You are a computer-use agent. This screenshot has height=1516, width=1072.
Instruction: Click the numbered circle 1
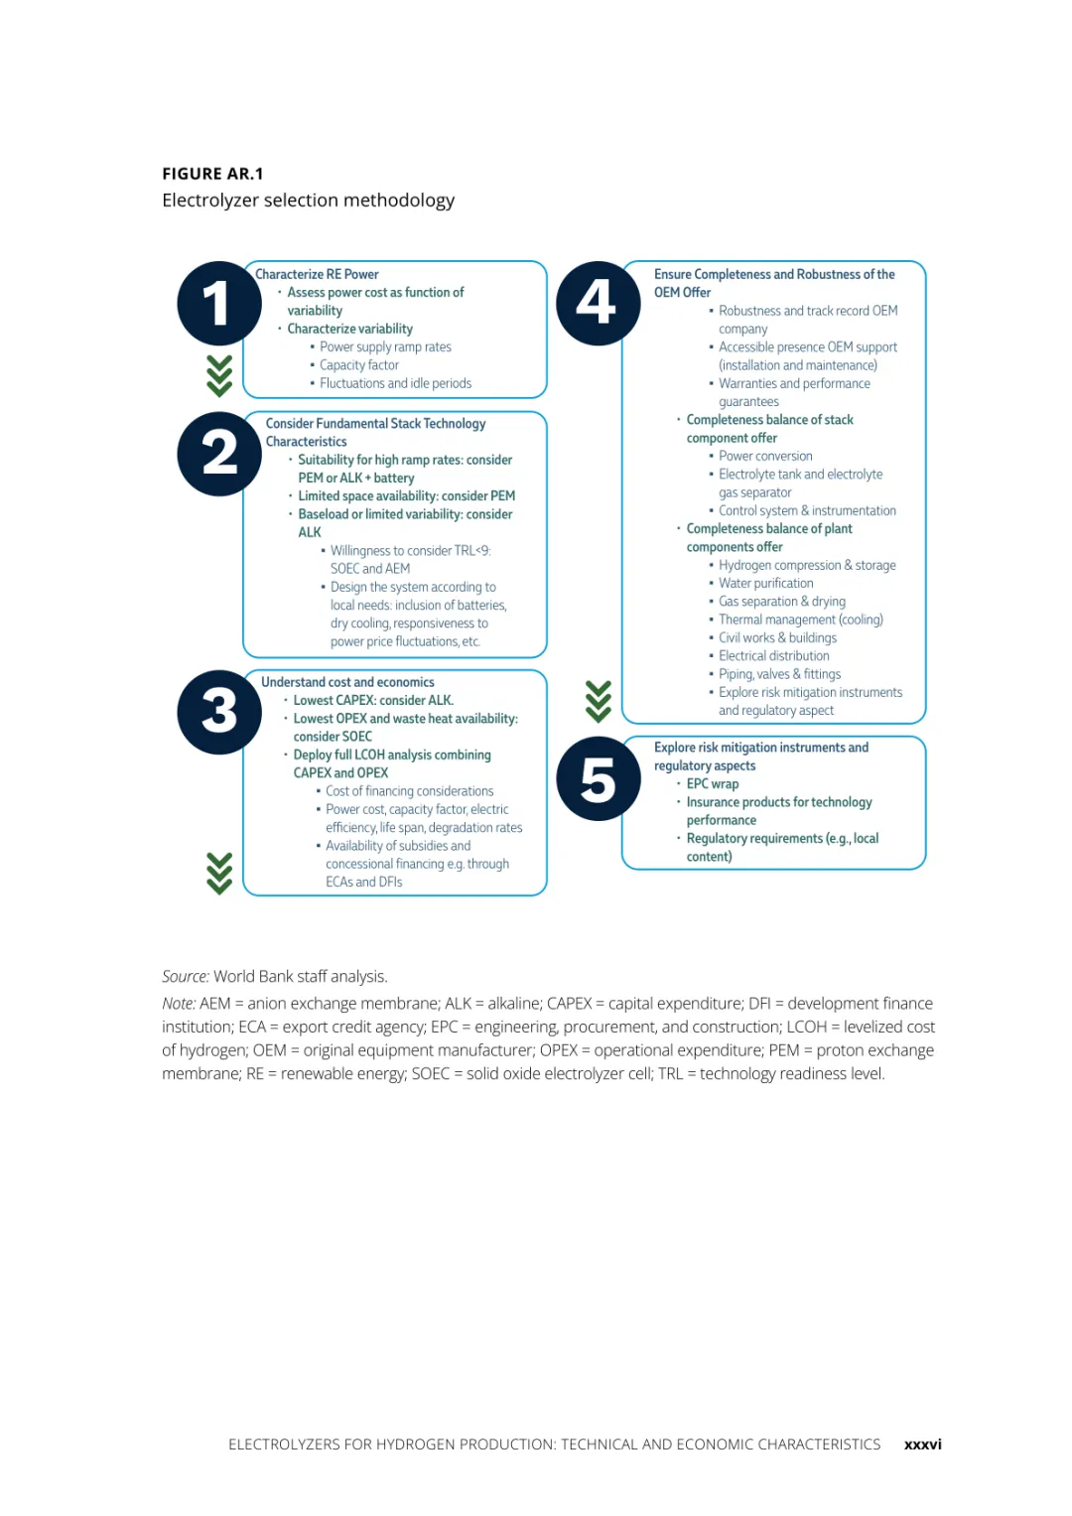(219, 304)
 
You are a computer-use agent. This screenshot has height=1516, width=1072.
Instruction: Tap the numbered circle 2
(219, 454)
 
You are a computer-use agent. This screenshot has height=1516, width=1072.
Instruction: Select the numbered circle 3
(219, 712)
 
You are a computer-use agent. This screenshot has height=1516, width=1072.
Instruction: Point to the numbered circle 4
(598, 304)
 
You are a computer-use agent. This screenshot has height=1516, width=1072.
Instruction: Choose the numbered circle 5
(598, 779)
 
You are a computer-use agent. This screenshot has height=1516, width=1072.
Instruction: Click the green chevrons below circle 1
(219, 375)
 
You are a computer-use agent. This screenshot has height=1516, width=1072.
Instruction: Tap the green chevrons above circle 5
(598, 701)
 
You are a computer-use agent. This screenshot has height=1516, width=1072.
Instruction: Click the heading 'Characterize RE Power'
(317, 274)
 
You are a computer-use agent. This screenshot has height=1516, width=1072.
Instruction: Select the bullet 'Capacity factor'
(358, 365)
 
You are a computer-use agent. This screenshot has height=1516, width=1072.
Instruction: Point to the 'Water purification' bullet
(765, 584)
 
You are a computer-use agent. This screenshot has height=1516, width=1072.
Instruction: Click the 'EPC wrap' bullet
(712, 784)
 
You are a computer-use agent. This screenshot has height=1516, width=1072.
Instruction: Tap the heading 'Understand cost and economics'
(347, 682)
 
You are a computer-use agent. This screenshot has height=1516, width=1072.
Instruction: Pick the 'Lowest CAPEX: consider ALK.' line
(373, 701)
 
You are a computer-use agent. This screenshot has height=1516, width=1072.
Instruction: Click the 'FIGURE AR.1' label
(212, 174)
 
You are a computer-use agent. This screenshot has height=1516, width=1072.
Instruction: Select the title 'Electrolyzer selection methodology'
(308, 201)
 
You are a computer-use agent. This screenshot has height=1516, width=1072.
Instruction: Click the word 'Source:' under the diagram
(186, 977)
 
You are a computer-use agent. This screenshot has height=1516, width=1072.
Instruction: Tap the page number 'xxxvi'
(922, 1445)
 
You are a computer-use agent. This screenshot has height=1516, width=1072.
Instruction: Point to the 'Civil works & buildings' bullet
(777, 638)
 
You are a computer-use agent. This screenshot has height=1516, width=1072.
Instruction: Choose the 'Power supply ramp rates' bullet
(385, 347)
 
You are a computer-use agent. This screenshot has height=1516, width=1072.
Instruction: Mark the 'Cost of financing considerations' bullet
(409, 791)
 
